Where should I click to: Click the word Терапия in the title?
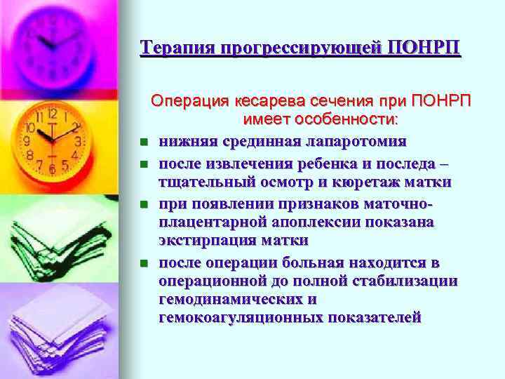click(x=177, y=48)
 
